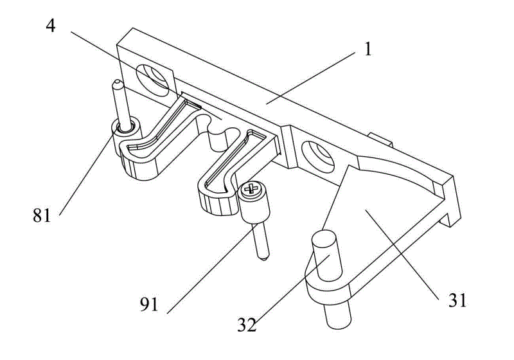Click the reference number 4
tap(51, 26)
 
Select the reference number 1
tap(368, 50)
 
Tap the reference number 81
tap(42, 216)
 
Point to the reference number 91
tap(149, 305)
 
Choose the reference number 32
tap(247, 325)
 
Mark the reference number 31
tap(457, 300)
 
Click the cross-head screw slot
tap(251, 189)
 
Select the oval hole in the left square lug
tap(152, 80)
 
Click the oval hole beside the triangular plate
tap(317, 157)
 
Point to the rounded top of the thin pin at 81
tap(117, 84)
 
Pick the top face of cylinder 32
tap(324, 237)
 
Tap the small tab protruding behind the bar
tap(380, 139)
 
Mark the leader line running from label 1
tap(310, 78)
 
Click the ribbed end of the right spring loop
tap(217, 204)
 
